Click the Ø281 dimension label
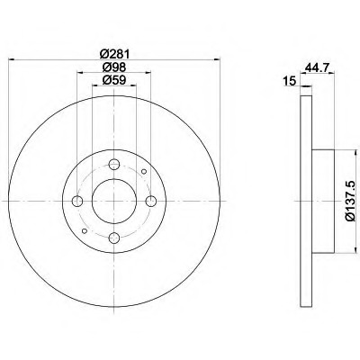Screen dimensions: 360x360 coord(114,55)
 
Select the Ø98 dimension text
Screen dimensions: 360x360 coord(114,67)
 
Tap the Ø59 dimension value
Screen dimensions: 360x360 coord(114,80)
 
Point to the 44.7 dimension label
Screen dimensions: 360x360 coord(318,67)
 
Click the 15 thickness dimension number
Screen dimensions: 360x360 coord(290,81)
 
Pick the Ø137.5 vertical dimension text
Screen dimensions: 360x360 coord(351,202)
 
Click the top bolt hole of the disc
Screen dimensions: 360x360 coord(114,164)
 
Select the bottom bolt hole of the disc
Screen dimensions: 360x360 coord(114,238)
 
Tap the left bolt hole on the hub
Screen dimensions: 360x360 coord(77,201)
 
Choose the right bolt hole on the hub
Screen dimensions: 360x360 coord(151,201)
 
